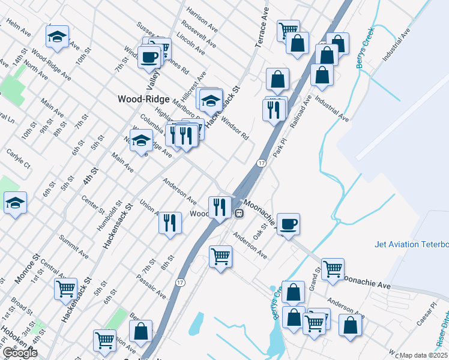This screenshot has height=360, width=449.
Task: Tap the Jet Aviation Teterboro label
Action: [x=412, y=244]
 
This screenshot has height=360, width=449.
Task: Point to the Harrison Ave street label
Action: [x=202, y=20]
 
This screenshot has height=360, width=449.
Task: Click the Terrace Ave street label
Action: [x=262, y=28]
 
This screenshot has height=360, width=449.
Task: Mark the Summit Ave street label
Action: [x=73, y=247]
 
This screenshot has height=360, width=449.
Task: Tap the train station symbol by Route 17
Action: [x=239, y=212]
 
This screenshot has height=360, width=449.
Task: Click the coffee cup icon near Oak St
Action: [x=288, y=224]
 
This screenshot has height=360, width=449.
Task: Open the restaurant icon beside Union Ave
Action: [x=170, y=223]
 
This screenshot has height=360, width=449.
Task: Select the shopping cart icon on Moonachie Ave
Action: [x=333, y=268]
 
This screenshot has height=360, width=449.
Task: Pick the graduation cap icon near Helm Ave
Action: [x=58, y=37]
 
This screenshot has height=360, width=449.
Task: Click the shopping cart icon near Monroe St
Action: [x=65, y=288]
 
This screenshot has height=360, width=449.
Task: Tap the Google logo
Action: [x=20, y=353]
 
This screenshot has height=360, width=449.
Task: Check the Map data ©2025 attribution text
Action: [x=424, y=355]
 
